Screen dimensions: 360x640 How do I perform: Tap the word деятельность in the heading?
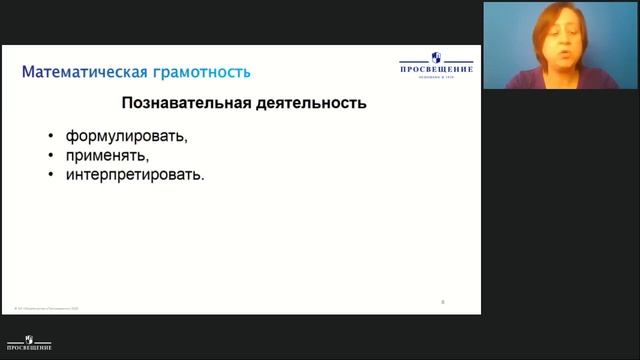[x=309, y=103]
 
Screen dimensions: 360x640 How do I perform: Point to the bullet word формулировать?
[x=127, y=137]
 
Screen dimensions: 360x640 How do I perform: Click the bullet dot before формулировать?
[x=50, y=137]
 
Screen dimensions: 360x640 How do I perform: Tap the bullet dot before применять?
[x=50, y=156]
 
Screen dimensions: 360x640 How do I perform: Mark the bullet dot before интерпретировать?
[x=50, y=175]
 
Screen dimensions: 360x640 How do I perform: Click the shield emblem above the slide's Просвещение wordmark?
[x=436, y=57]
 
